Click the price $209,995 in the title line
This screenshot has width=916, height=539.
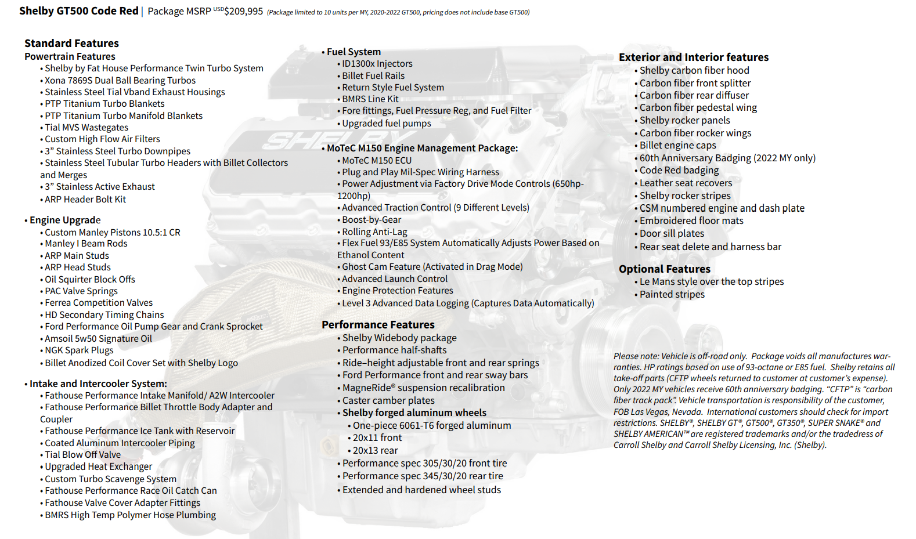pyautogui.click(x=243, y=12)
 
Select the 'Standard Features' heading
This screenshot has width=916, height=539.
pyautogui.click(x=71, y=44)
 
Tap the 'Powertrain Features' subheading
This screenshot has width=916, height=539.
pyautogui.click(x=70, y=56)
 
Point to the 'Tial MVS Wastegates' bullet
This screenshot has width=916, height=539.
pyautogui.click(x=86, y=128)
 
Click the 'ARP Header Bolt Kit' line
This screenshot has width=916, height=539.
pyautogui.click(x=85, y=200)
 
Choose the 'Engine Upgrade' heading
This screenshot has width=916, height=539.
pyautogui.click(x=65, y=220)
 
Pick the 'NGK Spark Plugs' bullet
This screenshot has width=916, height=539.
pyautogui.click(x=79, y=350)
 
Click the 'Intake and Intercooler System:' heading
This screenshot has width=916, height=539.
pyautogui.click(x=98, y=384)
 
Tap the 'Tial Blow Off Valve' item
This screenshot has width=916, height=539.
pyautogui.click(x=83, y=455)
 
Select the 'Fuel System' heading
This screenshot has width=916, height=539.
pyautogui.click(x=354, y=52)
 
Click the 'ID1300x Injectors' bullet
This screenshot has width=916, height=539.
pyautogui.click(x=377, y=64)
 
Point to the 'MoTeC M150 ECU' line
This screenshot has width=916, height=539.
pyautogui.click(x=377, y=161)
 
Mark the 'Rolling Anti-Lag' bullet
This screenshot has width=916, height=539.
pyautogui.click(x=374, y=232)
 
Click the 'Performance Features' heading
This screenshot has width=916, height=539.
pyautogui.click(x=378, y=325)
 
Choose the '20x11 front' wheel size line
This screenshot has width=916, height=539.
pyautogui.click(x=377, y=438)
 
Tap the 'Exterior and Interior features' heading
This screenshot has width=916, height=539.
pyautogui.click(x=694, y=57)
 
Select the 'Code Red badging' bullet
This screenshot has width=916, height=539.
pyautogui.click(x=679, y=171)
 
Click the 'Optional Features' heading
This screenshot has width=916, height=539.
pyautogui.click(x=665, y=269)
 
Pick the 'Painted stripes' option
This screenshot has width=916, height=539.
pyautogui.click(x=672, y=295)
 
